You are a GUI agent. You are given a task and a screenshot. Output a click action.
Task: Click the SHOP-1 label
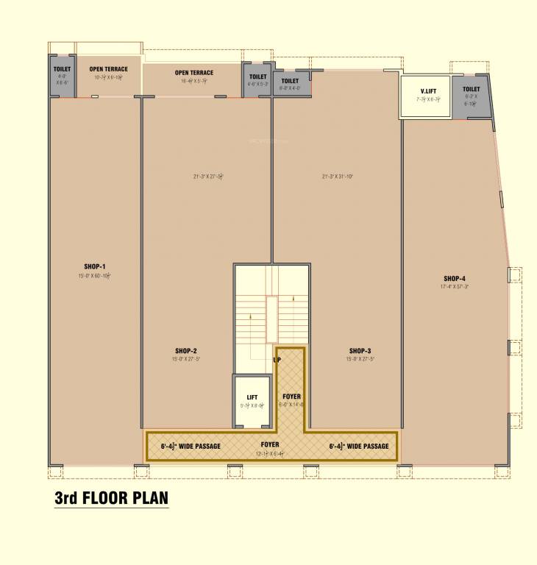95,266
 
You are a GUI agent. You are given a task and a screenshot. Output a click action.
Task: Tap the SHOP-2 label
185,351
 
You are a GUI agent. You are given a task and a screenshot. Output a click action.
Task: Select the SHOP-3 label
360,351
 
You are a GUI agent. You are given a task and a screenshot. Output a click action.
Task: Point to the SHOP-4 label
455,278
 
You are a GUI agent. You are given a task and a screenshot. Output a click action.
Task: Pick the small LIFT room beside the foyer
252,401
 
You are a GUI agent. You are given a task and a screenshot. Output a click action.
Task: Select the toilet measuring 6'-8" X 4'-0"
290,84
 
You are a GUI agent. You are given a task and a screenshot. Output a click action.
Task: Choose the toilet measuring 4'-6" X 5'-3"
257,79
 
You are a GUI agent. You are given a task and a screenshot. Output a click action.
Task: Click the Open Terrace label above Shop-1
109,69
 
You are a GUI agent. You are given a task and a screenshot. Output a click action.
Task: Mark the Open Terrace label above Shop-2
194,73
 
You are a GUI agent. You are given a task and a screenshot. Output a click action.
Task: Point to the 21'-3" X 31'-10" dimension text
338,177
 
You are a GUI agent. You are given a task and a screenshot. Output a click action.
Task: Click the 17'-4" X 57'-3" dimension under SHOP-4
455,286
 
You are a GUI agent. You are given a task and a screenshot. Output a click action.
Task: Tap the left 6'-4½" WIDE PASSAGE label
191,446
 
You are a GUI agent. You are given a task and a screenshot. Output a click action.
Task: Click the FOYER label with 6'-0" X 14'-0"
291,397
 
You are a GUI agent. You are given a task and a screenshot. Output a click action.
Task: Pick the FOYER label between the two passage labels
270,444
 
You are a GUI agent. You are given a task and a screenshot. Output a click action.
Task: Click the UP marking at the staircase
277,360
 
